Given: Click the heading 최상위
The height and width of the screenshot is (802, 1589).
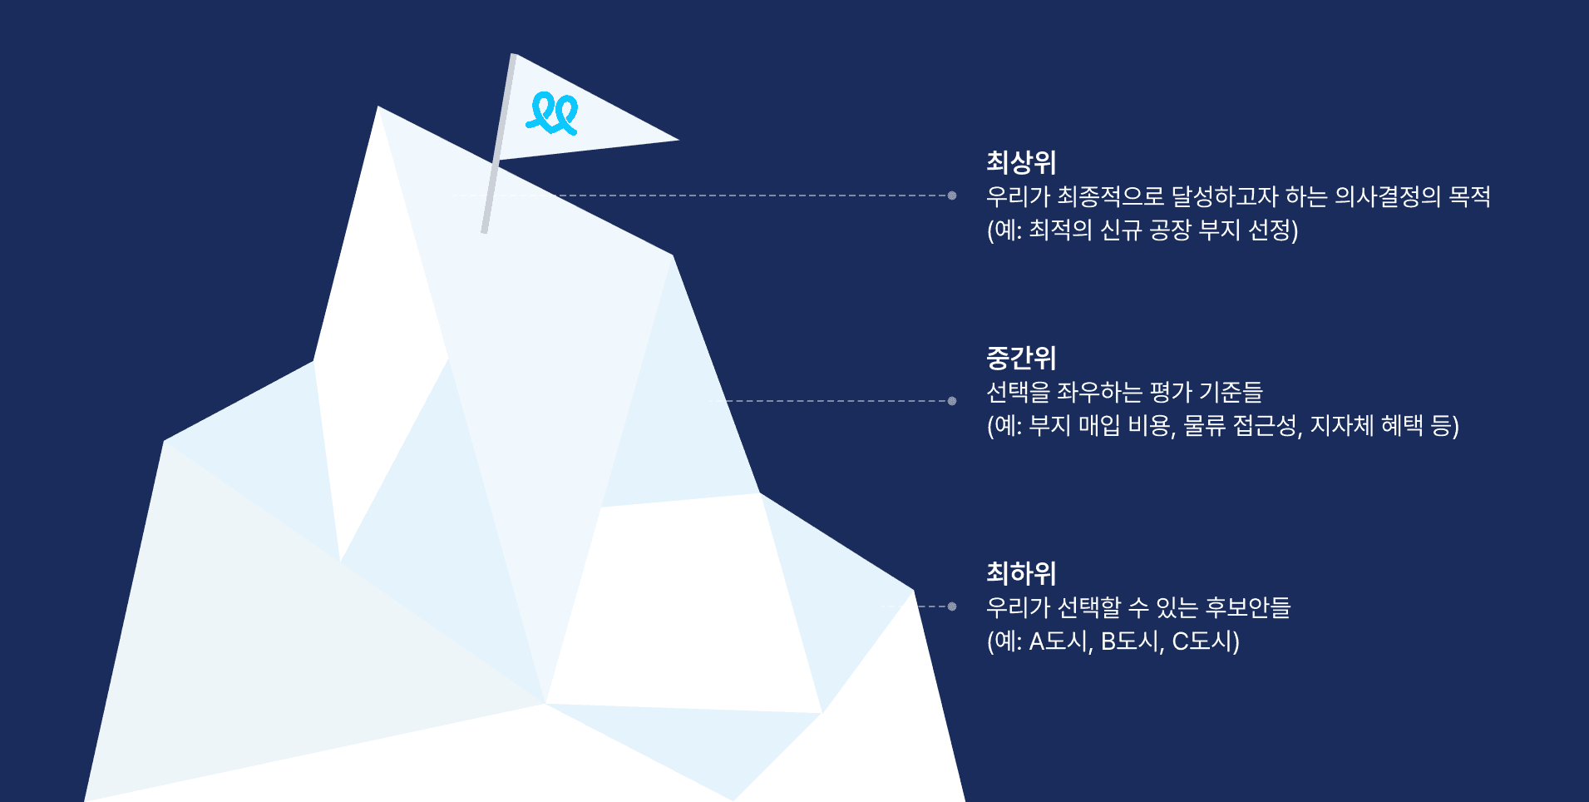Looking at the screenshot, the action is (1020, 162).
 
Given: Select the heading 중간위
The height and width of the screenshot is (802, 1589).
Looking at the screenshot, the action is (1020, 358).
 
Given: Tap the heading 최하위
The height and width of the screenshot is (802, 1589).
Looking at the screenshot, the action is (1020, 573).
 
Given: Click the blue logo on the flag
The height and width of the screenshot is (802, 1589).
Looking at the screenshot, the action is (552, 113).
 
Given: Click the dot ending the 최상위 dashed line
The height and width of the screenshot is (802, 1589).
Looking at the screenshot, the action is (952, 196).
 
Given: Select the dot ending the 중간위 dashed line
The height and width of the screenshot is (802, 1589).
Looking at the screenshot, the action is (952, 401).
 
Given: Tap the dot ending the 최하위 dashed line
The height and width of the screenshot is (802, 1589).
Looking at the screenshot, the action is (952, 606).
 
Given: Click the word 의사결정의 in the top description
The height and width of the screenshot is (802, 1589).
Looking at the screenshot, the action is (1387, 196).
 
